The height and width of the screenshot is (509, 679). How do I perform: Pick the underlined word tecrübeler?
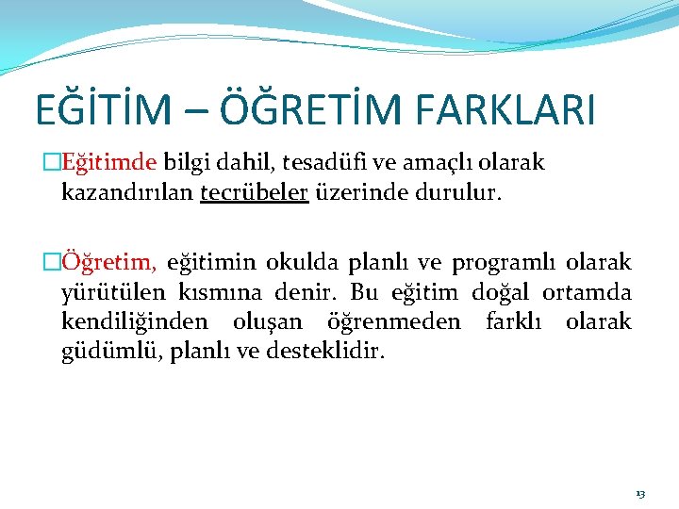255,193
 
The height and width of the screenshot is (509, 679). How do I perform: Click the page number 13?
640,493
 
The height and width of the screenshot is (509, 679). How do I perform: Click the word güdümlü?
106,353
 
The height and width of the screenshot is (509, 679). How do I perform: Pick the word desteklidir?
327,353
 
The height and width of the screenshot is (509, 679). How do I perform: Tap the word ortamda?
587,292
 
